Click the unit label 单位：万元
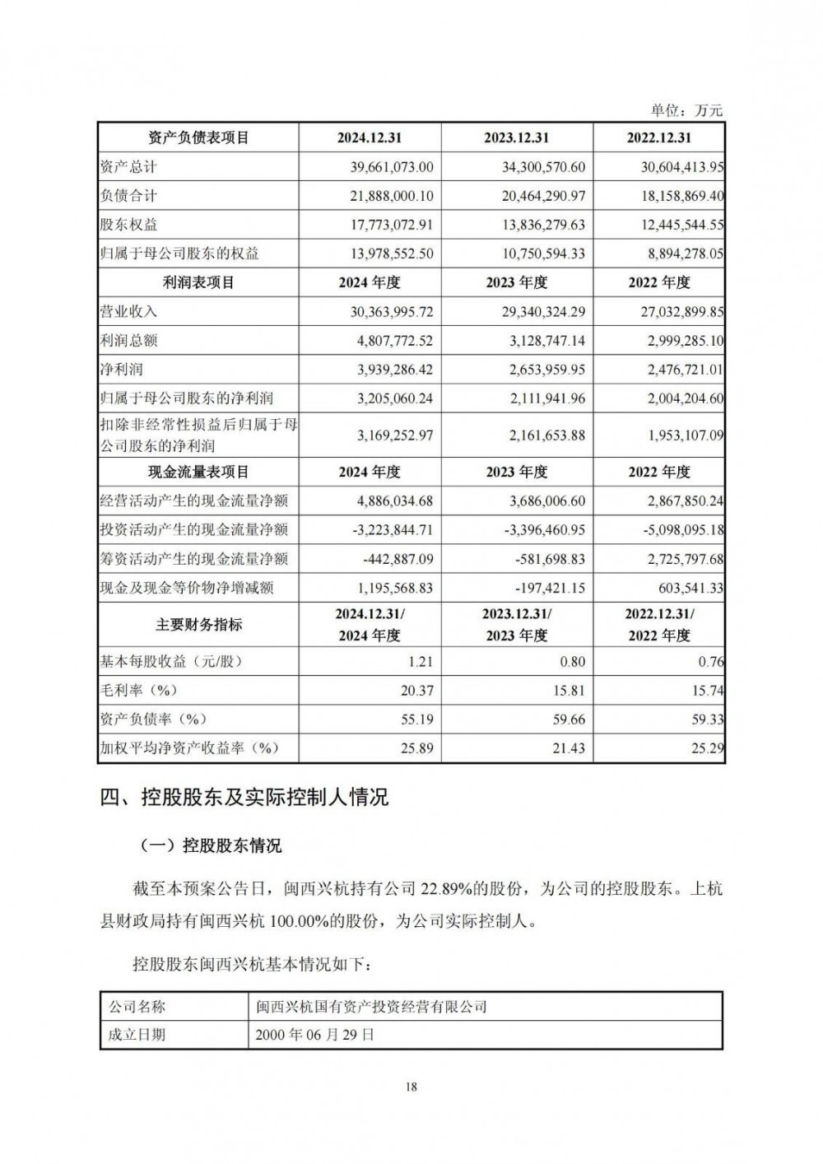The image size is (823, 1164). pyautogui.click(x=686, y=109)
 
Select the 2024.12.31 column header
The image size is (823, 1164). pyautogui.click(x=370, y=137)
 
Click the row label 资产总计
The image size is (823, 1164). pyautogui.click(x=128, y=167)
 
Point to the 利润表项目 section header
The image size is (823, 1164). pyautogui.click(x=198, y=282)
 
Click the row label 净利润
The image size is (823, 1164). pyautogui.click(x=121, y=370)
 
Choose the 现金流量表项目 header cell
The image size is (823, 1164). pyautogui.click(x=198, y=472)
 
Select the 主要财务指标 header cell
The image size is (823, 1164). pyautogui.click(x=198, y=625)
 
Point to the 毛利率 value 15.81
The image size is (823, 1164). pyautogui.click(x=570, y=691)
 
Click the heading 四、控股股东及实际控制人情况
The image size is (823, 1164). pyautogui.click(x=244, y=797)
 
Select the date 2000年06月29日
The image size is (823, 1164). pyautogui.click(x=315, y=1035)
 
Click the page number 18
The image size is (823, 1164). pyautogui.click(x=411, y=1087)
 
